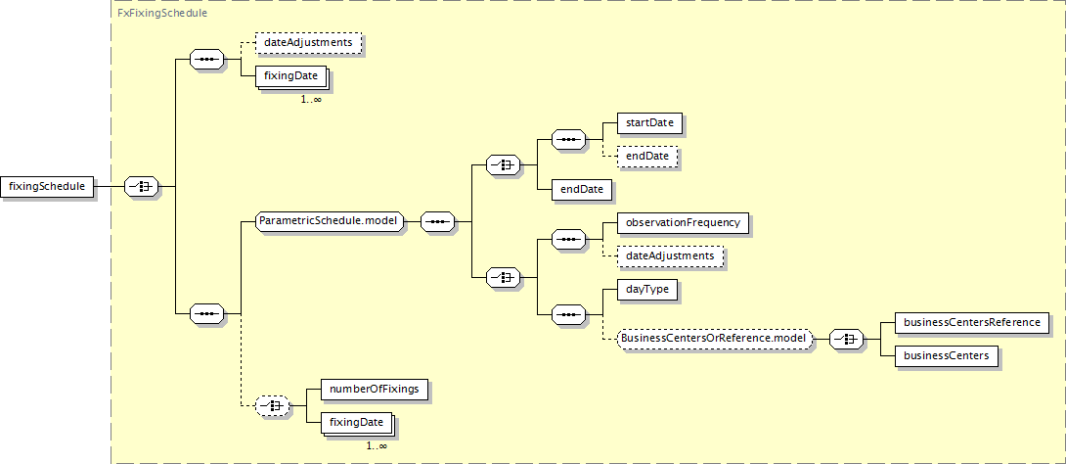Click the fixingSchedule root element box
47,186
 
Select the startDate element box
650,123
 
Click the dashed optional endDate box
647,157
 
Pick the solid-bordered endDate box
583,189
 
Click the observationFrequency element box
684,223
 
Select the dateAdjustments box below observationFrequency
670,256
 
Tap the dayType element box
647,289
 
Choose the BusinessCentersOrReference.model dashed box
715,338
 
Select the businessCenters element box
947,355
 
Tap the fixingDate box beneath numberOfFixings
357,423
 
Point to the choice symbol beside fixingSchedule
142,186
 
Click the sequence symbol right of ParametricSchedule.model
438,222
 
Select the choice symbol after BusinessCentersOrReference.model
846,339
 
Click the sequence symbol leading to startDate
569,140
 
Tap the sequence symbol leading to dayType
569,314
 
